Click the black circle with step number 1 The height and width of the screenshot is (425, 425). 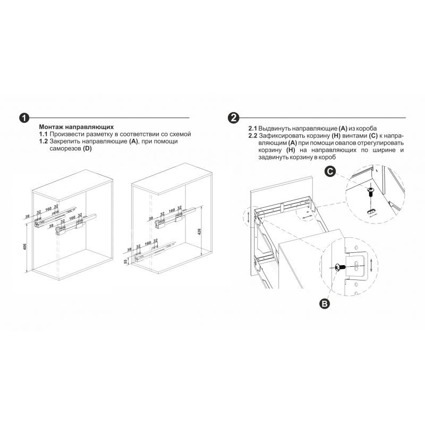24,118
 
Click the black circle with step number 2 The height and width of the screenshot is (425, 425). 233,118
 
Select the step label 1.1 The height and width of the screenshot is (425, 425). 43,134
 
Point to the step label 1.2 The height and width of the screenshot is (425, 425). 43,141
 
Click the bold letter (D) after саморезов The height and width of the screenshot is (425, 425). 87,149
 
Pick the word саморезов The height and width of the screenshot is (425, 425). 65,149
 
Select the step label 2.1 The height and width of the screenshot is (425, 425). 253,128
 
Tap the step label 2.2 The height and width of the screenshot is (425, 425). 253,135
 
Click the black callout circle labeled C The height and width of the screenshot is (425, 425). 330,172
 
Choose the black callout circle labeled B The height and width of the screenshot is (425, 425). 325,303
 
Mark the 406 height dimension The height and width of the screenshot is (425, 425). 25,246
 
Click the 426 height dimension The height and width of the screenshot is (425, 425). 200,232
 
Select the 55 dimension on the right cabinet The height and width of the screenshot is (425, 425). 125,261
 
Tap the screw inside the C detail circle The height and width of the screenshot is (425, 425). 370,192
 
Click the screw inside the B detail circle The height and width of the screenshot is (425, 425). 340,267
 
